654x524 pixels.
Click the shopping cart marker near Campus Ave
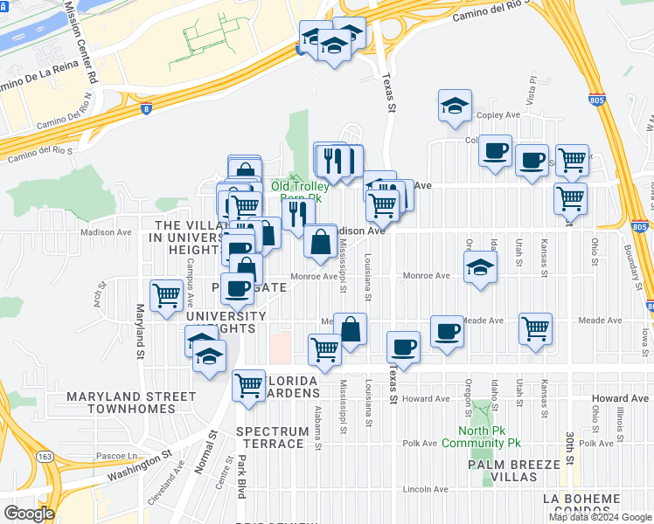[x=166, y=294]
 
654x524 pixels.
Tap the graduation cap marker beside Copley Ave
[x=455, y=105]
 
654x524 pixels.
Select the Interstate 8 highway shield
[x=145, y=109]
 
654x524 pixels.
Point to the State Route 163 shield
[x=42, y=457]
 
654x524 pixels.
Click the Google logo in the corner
[x=29, y=513]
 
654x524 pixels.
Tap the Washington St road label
[x=141, y=465]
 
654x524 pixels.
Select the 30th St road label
[x=568, y=447]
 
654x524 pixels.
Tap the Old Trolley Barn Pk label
[x=299, y=191]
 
